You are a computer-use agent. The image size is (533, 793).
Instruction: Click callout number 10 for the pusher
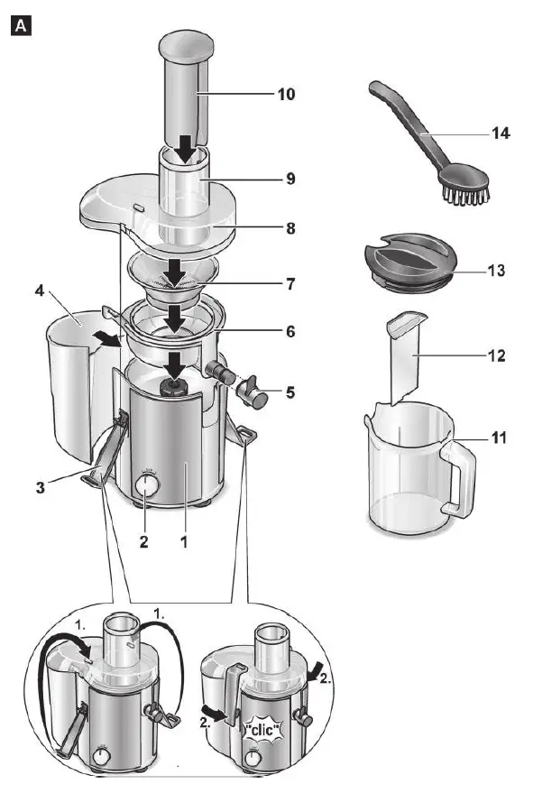(287, 94)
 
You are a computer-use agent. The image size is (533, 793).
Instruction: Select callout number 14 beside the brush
(501, 133)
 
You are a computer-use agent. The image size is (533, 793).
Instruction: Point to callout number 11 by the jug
(499, 438)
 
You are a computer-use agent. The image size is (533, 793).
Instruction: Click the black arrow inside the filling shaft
(187, 150)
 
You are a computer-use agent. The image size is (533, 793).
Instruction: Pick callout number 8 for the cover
(289, 228)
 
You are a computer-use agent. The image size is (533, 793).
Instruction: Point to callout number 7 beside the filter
(289, 283)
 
